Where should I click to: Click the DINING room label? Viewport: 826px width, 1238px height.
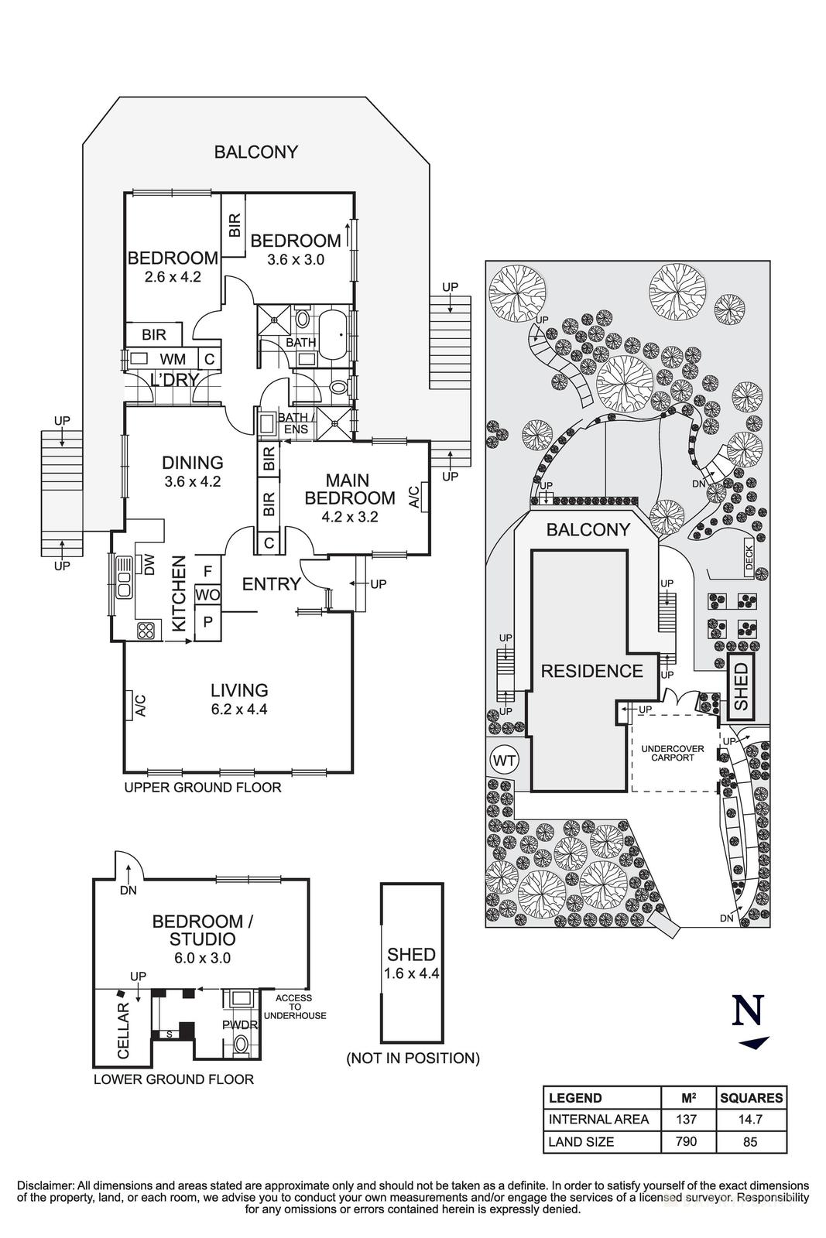(x=193, y=463)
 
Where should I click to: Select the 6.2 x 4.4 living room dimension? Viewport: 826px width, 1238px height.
(x=238, y=709)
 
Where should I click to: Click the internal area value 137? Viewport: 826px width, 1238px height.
(x=687, y=1119)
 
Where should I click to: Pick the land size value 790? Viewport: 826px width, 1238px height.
(x=687, y=1141)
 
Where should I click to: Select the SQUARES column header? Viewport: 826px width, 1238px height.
(x=751, y=1097)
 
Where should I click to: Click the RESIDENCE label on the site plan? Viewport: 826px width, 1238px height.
(x=591, y=671)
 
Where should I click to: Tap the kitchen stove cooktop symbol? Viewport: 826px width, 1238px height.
(x=146, y=630)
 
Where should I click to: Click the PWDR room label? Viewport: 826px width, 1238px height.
(x=239, y=1024)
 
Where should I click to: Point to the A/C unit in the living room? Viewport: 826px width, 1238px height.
(x=139, y=705)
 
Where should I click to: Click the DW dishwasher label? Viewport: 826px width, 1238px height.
(x=150, y=567)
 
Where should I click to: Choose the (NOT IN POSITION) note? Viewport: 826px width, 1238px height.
(x=413, y=1058)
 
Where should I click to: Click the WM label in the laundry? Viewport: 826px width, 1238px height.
(x=172, y=359)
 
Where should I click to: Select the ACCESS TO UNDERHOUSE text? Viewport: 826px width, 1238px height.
(x=295, y=1007)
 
